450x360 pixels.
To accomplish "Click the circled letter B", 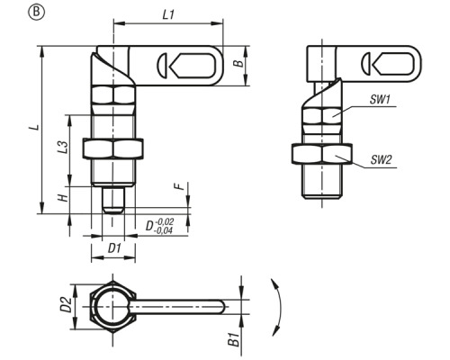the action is click(36, 13).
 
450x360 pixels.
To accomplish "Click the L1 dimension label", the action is click(168, 14).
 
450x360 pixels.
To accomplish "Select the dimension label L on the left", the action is click(35, 128).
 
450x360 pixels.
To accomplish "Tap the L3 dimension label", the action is click(63, 147).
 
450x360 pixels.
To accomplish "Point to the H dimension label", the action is click(63, 198).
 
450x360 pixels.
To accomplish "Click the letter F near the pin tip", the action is click(179, 186).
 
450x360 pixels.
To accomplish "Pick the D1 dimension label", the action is click(114, 248).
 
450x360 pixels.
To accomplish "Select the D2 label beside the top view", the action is click(66, 304).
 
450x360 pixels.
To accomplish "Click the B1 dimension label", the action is click(234, 339).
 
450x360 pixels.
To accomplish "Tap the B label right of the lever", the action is click(238, 64).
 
